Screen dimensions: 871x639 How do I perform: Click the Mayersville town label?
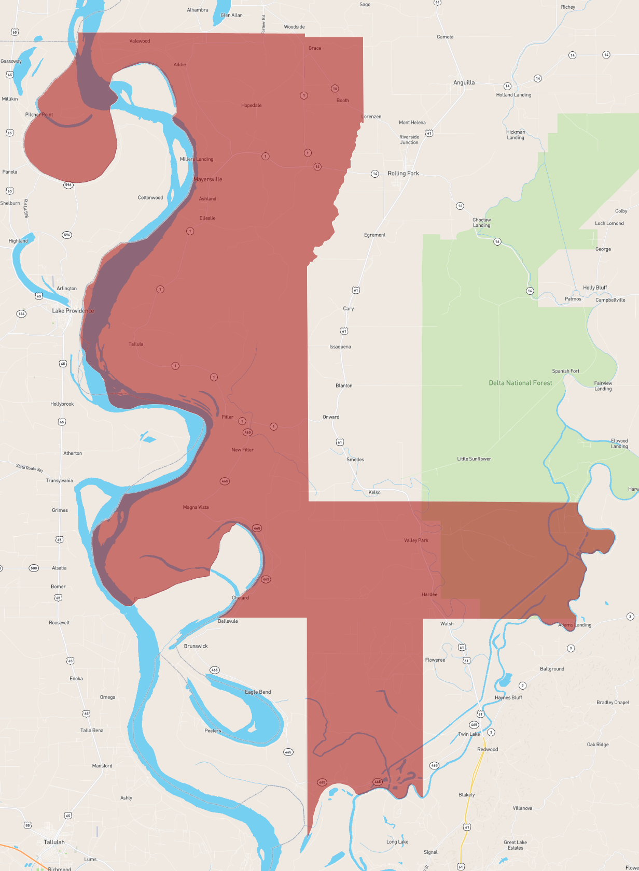point(207,179)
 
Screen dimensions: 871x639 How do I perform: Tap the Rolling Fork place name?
point(403,174)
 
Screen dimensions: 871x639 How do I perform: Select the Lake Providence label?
point(73,311)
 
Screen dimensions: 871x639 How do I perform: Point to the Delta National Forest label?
point(520,383)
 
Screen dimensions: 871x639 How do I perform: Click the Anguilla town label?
point(464,82)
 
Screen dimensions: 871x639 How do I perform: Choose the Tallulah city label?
point(54,842)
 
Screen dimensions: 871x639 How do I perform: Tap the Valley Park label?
point(416,540)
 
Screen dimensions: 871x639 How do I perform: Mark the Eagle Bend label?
point(258,692)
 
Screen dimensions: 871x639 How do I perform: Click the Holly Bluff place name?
point(594,288)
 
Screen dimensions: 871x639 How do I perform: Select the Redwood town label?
point(487,749)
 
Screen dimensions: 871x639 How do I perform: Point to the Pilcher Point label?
point(39,115)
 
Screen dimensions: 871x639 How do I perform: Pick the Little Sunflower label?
point(474,459)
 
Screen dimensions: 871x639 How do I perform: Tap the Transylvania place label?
point(59,481)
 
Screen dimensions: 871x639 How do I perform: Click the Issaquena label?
point(340,347)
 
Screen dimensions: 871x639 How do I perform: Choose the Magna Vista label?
point(196,507)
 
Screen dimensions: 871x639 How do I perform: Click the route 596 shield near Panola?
point(68,185)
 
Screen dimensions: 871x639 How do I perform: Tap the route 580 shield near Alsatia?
point(34,568)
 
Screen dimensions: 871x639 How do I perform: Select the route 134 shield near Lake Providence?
point(21,313)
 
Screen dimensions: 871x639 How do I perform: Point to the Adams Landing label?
point(574,625)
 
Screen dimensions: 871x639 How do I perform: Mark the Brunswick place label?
point(196,646)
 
